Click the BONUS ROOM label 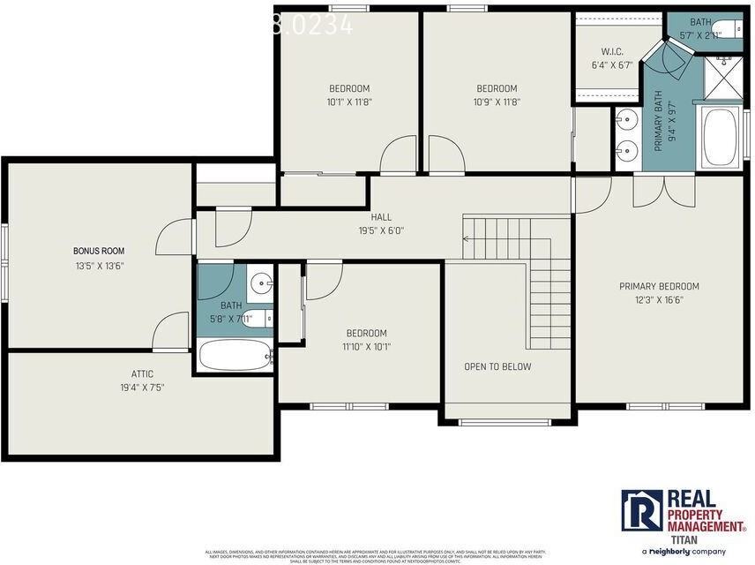[x=98, y=251]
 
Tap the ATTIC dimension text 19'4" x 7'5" [x=142, y=388]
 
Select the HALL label [x=381, y=217]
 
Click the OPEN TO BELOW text [x=497, y=366]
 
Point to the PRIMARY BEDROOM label [x=658, y=286]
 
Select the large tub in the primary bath [x=721, y=137]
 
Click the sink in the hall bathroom [x=261, y=283]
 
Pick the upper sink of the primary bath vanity [x=626, y=117]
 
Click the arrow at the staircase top [x=468, y=237]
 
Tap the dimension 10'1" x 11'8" [x=348, y=102]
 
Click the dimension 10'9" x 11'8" [x=497, y=102]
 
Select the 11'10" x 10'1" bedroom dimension [x=366, y=347]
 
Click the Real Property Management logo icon [x=641, y=511]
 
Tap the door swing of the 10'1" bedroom [x=398, y=155]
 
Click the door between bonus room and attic [x=169, y=334]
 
